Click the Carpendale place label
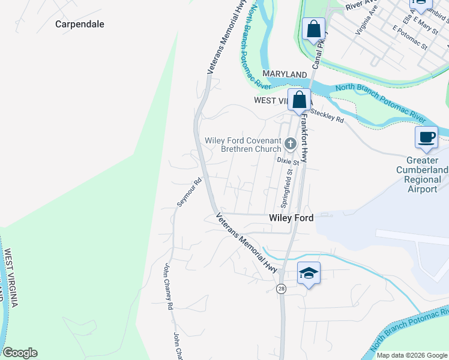(x=80, y=25)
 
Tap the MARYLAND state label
(x=285, y=73)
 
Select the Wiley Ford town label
(x=291, y=218)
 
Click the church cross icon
(x=291, y=143)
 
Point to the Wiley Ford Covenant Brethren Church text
(x=243, y=145)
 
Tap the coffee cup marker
(x=427, y=137)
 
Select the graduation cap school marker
(x=309, y=274)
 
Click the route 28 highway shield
(x=281, y=289)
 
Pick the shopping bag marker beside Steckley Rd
(x=299, y=100)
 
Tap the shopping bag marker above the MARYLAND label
(x=314, y=28)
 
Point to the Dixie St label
(x=288, y=161)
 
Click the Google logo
(x=20, y=353)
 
